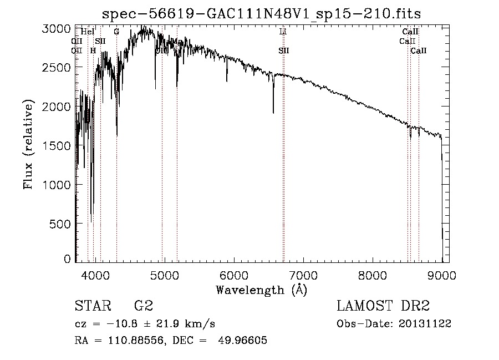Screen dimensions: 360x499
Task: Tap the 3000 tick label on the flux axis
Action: pyautogui.click(x=57, y=28)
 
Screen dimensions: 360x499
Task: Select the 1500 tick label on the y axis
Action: pyautogui.click(x=57, y=145)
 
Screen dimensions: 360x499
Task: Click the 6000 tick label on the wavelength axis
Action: pyautogui.click(x=233, y=275)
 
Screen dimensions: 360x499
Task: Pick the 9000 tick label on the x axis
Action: pyautogui.click(x=442, y=275)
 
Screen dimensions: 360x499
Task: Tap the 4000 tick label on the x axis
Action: pyautogui.click(x=95, y=275)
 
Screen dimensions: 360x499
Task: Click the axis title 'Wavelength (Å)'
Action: pyautogui.click(x=261, y=289)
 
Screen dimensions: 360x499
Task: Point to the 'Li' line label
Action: pyautogui.click(x=283, y=32)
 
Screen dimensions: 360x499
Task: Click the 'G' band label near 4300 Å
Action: pyautogui.click(x=116, y=32)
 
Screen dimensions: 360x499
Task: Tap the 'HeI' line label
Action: pyautogui.click(x=88, y=32)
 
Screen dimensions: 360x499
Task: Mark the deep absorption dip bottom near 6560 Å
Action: pyautogui.click(x=273, y=113)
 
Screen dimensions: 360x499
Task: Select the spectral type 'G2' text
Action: pyautogui.click(x=144, y=306)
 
